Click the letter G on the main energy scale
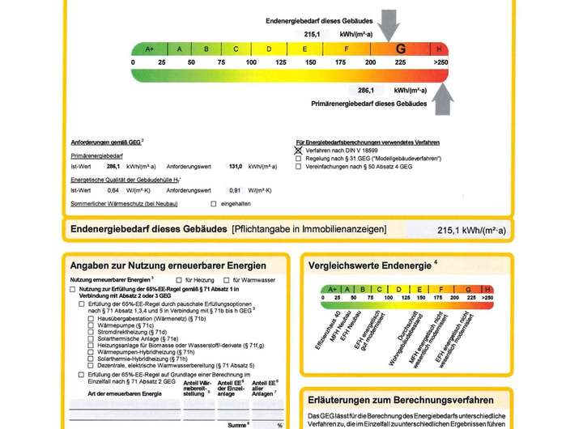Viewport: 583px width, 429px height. [x=399, y=49]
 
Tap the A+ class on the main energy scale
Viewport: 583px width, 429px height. [x=149, y=49]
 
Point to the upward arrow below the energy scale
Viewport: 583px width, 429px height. [x=441, y=100]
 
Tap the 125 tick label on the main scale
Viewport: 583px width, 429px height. [x=281, y=62]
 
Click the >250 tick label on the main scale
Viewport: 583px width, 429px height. [x=440, y=62]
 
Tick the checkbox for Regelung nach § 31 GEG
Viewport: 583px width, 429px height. [x=299, y=159]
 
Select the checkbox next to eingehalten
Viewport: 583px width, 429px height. [x=214, y=203]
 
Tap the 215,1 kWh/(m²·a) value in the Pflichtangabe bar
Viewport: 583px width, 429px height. [x=470, y=231]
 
